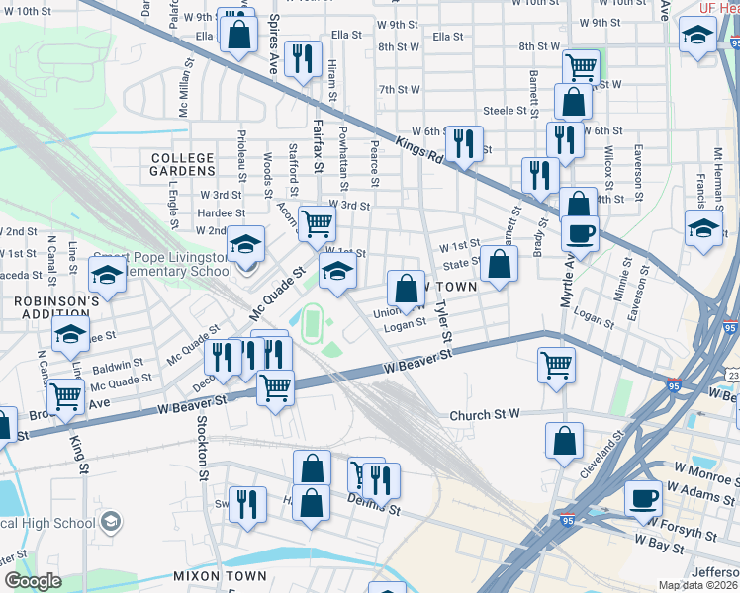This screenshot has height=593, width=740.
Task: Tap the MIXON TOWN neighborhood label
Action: pyautogui.click(x=219, y=575)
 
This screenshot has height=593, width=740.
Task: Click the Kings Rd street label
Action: pyautogui.click(x=433, y=142)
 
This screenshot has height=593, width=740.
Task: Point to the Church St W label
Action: pyautogui.click(x=485, y=415)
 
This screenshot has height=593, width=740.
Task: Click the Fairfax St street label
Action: pyautogui.click(x=318, y=144)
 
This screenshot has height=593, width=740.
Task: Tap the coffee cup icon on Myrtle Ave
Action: pyautogui.click(x=580, y=233)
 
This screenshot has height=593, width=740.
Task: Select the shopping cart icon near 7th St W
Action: pyautogui.click(x=581, y=66)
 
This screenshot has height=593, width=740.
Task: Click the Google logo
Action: pyautogui.click(x=33, y=581)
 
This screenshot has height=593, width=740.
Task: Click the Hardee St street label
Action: pyautogui.click(x=221, y=212)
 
